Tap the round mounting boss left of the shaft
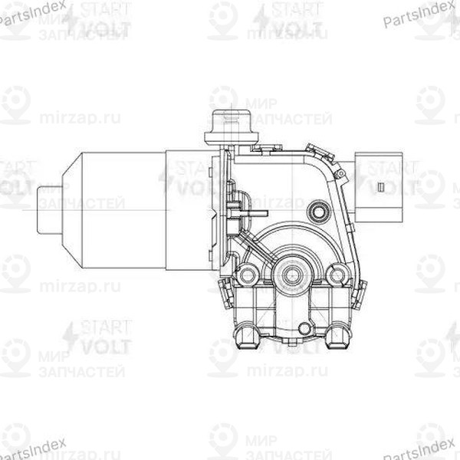coord(248,274)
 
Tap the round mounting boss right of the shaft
coord(336,274)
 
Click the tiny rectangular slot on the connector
coord(380,186)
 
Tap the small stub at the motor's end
coord(48,209)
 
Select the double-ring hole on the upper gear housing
coord(317,210)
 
